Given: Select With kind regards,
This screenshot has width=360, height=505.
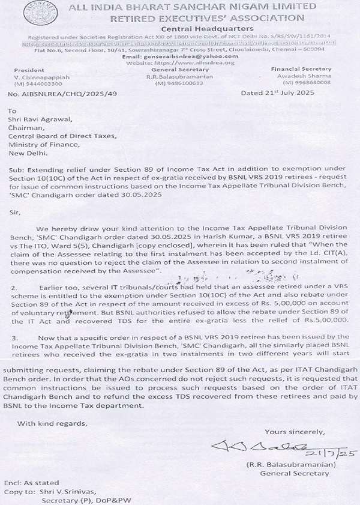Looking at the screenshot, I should click(x=52, y=423).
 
